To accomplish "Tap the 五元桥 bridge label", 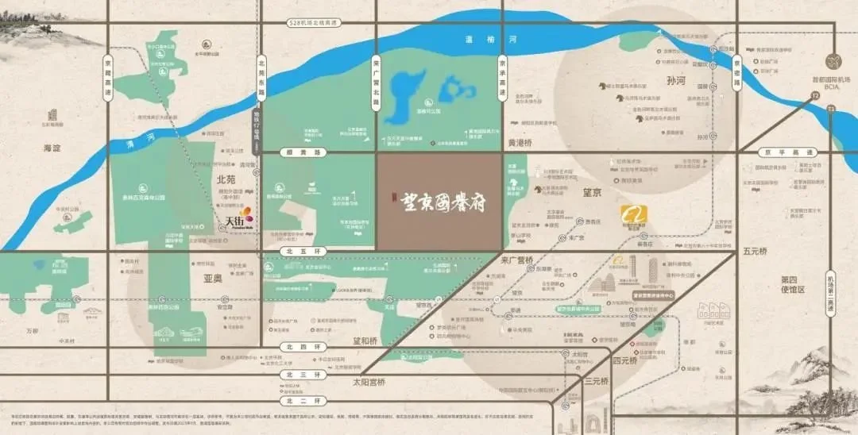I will pos(755,252).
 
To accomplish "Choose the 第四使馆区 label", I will pos(793,284).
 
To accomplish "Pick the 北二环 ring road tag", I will pos(293,401).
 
